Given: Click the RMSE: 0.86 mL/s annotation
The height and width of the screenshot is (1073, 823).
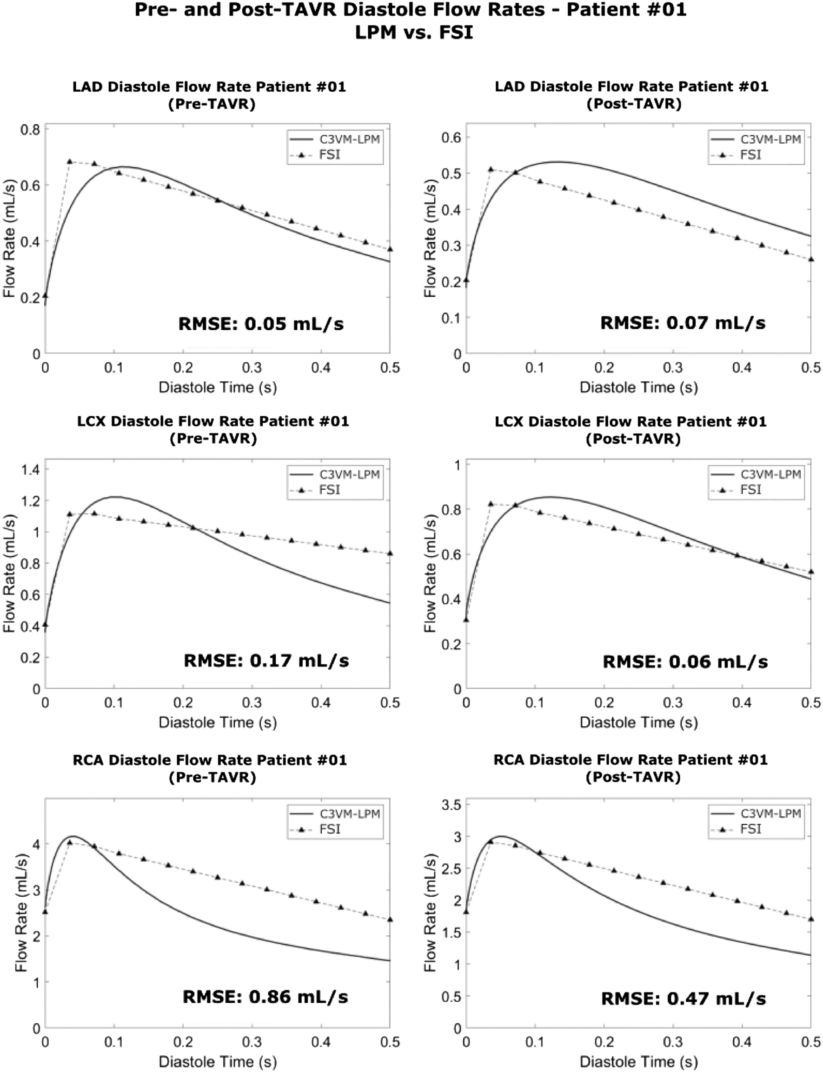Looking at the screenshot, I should pos(265,997).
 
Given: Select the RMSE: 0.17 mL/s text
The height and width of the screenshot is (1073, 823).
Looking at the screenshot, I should pos(266,660).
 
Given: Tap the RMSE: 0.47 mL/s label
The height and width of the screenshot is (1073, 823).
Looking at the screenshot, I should pos(684,999).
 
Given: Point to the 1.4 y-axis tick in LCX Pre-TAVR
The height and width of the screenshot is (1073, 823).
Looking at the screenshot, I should pos(30,469).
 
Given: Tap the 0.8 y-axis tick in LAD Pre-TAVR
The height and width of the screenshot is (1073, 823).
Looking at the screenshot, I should pos(30,130).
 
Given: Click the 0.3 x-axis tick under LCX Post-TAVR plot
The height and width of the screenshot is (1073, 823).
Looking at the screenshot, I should pos(673,703).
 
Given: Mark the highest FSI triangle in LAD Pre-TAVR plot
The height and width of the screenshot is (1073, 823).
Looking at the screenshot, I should pos(70,161).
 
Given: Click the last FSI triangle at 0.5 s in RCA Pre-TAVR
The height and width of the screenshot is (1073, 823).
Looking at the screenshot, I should pos(390,920).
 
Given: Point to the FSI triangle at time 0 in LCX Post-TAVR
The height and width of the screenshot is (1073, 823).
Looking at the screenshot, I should pos(466,620).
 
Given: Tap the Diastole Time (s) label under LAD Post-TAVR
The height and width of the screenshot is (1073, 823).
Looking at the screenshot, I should pos(638,387).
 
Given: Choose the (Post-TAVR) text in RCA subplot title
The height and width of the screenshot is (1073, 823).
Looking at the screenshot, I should pos(633,777).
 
